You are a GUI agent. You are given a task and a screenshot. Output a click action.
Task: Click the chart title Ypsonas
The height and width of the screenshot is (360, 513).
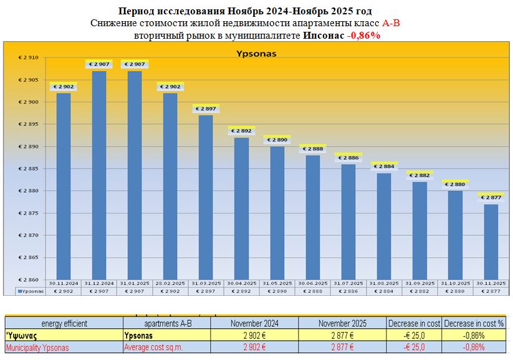(x=256, y=54)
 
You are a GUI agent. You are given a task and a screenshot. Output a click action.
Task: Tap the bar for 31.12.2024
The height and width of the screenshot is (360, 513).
(x=99, y=175)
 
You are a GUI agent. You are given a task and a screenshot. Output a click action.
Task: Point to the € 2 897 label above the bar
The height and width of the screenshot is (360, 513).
(x=206, y=109)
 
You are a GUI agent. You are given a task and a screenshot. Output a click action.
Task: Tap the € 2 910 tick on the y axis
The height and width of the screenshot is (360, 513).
(x=28, y=58)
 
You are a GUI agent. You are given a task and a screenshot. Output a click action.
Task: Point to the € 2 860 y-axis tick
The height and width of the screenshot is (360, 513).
(x=28, y=280)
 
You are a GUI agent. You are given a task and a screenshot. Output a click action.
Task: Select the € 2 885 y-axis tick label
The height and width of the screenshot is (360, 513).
(x=28, y=169)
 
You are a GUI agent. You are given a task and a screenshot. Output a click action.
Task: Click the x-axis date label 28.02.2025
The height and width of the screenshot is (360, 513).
(x=170, y=284)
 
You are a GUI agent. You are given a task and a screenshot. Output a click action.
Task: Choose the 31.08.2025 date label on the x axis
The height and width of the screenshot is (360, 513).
(x=384, y=284)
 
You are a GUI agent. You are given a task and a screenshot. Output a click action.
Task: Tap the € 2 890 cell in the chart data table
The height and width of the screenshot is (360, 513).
(x=277, y=291)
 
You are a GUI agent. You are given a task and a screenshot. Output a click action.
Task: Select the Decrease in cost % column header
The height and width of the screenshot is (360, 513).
(x=474, y=323)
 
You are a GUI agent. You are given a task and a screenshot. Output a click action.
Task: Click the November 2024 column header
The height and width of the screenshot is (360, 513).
(x=254, y=323)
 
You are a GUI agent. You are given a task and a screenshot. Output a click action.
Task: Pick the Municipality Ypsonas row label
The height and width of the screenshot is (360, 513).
(x=37, y=348)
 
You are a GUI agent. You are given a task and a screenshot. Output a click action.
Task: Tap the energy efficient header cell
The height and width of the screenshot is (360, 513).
(x=64, y=323)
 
